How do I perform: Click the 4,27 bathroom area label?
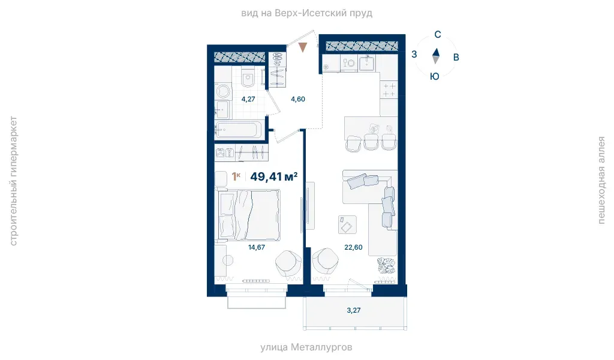click(248, 99)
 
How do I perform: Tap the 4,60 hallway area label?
click(298, 99)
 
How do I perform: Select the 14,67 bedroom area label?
click(257, 247)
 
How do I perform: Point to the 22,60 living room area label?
click(353, 247)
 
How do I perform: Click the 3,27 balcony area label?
click(354, 310)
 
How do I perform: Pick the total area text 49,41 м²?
click(273, 176)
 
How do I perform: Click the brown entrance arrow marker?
click(303, 47)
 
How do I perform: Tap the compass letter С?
click(438, 34)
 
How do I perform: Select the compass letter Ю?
click(435, 76)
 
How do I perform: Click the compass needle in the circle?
click(435, 56)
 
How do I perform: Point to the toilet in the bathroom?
click(248, 78)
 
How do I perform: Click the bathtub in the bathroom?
click(239, 130)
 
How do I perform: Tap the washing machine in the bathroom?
click(223, 91)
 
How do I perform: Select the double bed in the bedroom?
click(249, 215)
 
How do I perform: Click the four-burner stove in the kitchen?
click(389, 90)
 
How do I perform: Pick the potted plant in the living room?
click(386, 266)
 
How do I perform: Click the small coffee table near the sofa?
click(347, 224)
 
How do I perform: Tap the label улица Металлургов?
click(306, 347)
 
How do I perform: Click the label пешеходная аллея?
click(601, 180)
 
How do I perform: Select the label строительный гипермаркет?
click(13, 181)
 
